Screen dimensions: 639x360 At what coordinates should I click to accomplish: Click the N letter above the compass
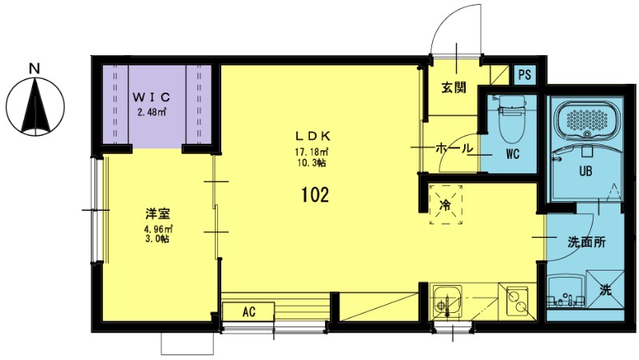click(x=35, y=69)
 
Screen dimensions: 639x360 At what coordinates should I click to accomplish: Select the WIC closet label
click(x=151, y=97)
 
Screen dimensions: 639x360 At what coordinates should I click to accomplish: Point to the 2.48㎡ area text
click(x=151, y=113)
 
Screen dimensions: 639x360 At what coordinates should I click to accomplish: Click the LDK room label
click(x=312, y=136)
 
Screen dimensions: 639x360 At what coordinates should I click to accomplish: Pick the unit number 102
click(x=315, y=195)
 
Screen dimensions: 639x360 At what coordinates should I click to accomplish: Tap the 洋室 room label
click(x=157, y=213)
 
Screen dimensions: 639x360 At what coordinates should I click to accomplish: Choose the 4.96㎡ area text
click(x=157, y=229)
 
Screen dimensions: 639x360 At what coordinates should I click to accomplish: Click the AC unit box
click(x=248, y=311)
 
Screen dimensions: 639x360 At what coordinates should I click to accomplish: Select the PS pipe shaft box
click(x=525, y=75)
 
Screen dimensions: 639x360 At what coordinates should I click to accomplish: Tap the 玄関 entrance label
click(x=454, y=88)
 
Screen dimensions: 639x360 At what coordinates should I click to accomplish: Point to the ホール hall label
click(x=454, y=148)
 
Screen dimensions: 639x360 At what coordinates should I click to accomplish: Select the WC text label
click(x=513, y=154)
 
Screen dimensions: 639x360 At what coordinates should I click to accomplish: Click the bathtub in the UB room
click(x=586, y=119)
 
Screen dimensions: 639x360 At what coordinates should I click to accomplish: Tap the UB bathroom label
click(x=585, y=171)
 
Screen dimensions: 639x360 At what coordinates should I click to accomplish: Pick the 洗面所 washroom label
click(x=586, y=243)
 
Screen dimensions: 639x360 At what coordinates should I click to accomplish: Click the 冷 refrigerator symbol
click(x=447, y=204)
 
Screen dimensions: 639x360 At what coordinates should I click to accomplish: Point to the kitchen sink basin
click(x=447, y=301)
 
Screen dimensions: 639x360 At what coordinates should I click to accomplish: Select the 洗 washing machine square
click(x=605, y=289)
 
